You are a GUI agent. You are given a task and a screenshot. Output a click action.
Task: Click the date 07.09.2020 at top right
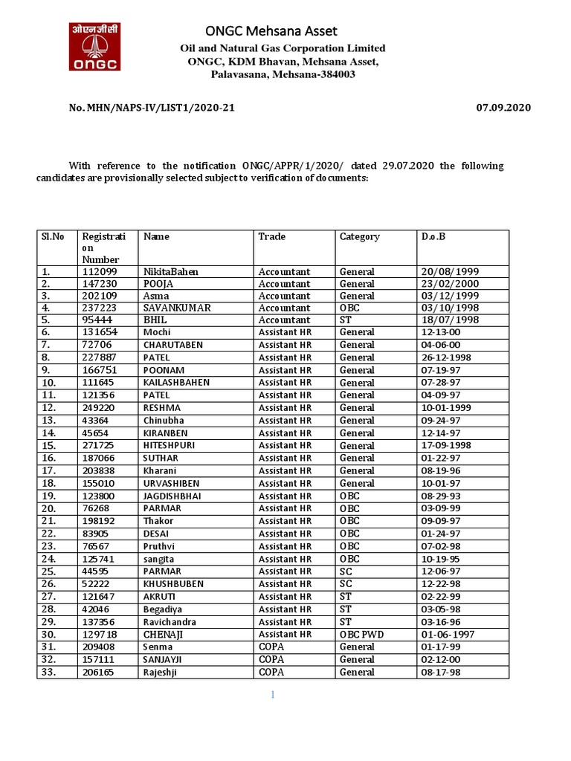[503, 108]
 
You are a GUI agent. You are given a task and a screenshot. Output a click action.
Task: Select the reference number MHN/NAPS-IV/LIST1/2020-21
[152, 108]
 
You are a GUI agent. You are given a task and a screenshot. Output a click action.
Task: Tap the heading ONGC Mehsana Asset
[271, 30]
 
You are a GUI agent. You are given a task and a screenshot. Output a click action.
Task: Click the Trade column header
[271, 236]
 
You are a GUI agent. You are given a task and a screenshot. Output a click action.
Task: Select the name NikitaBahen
[171, 272]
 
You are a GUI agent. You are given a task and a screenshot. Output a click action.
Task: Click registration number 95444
[97, 320]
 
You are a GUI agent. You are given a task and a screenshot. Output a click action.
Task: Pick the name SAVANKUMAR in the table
[177, 308]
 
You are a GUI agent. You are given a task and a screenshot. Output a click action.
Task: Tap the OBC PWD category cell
[362, 634]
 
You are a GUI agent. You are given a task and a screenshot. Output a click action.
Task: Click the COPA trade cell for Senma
[271, 647]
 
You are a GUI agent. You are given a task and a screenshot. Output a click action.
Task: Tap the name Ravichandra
[170, 621]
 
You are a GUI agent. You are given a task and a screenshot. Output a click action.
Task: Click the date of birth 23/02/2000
[451, 284]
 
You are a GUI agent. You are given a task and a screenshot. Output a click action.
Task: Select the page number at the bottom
[273, 695]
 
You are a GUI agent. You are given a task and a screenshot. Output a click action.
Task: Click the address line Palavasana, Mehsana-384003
[283, 75]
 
